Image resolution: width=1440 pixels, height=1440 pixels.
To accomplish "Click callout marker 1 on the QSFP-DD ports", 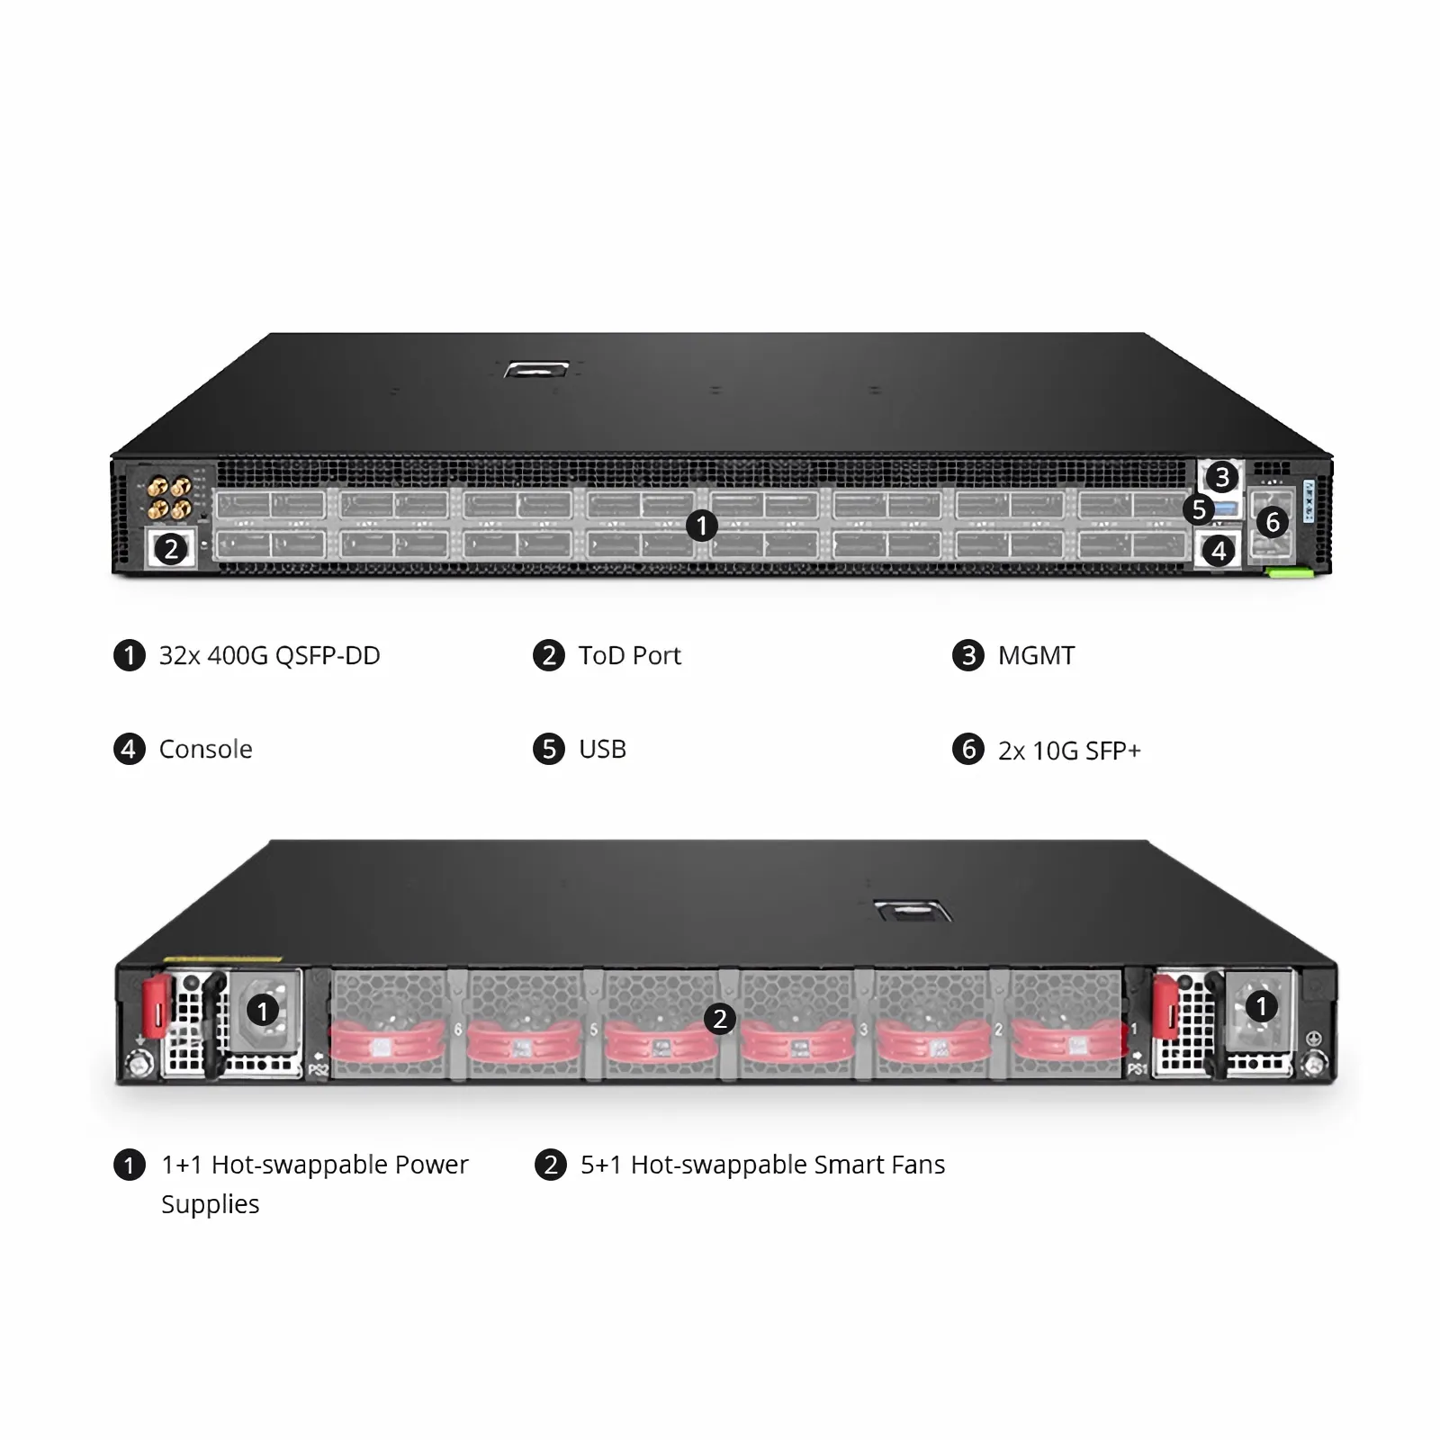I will [701, 526].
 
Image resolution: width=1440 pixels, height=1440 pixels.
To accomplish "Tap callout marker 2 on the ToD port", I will [171, 548].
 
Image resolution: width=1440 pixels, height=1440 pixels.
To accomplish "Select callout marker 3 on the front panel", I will [1221, 477].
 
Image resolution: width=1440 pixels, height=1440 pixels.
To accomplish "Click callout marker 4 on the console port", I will [1219, 550].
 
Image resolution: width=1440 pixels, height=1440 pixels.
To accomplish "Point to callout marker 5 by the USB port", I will [1199, 509].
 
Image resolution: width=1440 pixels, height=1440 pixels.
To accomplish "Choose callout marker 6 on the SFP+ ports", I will [1273, 521].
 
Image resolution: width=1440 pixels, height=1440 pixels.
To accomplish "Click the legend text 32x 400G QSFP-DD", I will [269, 655].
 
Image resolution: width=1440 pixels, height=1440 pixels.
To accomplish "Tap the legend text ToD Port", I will [629, 655].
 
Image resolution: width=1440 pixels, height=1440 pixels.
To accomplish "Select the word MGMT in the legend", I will [1036, 655].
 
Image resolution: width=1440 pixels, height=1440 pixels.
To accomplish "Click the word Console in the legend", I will [205, 749].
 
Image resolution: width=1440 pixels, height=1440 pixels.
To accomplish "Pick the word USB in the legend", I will [602, 749].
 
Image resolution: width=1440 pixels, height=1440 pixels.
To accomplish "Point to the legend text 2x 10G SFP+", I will [1069, 751].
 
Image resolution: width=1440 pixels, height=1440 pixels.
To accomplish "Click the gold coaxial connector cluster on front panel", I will [169, 498].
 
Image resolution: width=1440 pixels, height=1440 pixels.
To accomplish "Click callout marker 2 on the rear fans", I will [719, 1019].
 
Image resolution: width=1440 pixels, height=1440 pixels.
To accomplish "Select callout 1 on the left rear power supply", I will [263, 1011].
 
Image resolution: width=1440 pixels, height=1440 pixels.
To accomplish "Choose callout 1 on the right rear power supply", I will [1261, 1006].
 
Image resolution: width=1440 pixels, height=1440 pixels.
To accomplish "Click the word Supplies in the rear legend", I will [210, 1204].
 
